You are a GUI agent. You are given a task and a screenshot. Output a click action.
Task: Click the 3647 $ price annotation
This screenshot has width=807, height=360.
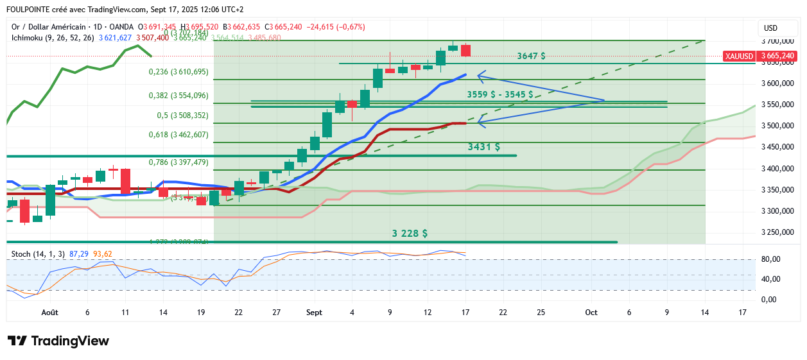point(531,56)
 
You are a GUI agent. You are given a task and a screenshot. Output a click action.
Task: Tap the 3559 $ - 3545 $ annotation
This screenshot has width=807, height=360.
point(500,94)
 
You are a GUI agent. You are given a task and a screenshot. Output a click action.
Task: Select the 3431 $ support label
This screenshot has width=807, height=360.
point(484,147)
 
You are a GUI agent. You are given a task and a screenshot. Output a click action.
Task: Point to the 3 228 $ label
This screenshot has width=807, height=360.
point(410,233)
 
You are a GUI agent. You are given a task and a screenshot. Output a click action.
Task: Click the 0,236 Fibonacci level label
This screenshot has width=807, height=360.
point(178,72)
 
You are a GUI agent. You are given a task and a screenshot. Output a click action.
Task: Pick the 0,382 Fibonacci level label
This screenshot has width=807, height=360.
point(178,96)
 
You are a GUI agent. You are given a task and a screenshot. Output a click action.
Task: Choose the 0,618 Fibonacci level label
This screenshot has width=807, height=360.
point(178,135)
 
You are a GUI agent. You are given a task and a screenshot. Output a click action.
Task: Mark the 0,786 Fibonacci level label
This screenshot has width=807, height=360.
point(178,162)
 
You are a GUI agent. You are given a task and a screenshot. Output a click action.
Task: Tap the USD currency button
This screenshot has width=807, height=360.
point(770,28)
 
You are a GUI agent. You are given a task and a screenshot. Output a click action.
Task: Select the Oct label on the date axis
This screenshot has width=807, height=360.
point(591,312)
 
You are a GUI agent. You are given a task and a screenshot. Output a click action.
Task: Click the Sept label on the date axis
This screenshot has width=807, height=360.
point(314,312)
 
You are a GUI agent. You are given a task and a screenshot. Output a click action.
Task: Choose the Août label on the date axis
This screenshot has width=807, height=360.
point(49,312)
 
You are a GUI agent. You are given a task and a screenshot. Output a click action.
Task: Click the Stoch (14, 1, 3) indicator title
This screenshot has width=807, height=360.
point(38,253)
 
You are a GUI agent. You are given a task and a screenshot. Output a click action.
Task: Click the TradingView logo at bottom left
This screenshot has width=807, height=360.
point(58,341)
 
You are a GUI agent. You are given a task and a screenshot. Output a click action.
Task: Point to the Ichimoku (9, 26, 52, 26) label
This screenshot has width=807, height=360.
point(53,38)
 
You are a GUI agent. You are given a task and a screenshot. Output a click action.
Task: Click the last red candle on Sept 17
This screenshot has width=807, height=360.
point(465,50)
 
